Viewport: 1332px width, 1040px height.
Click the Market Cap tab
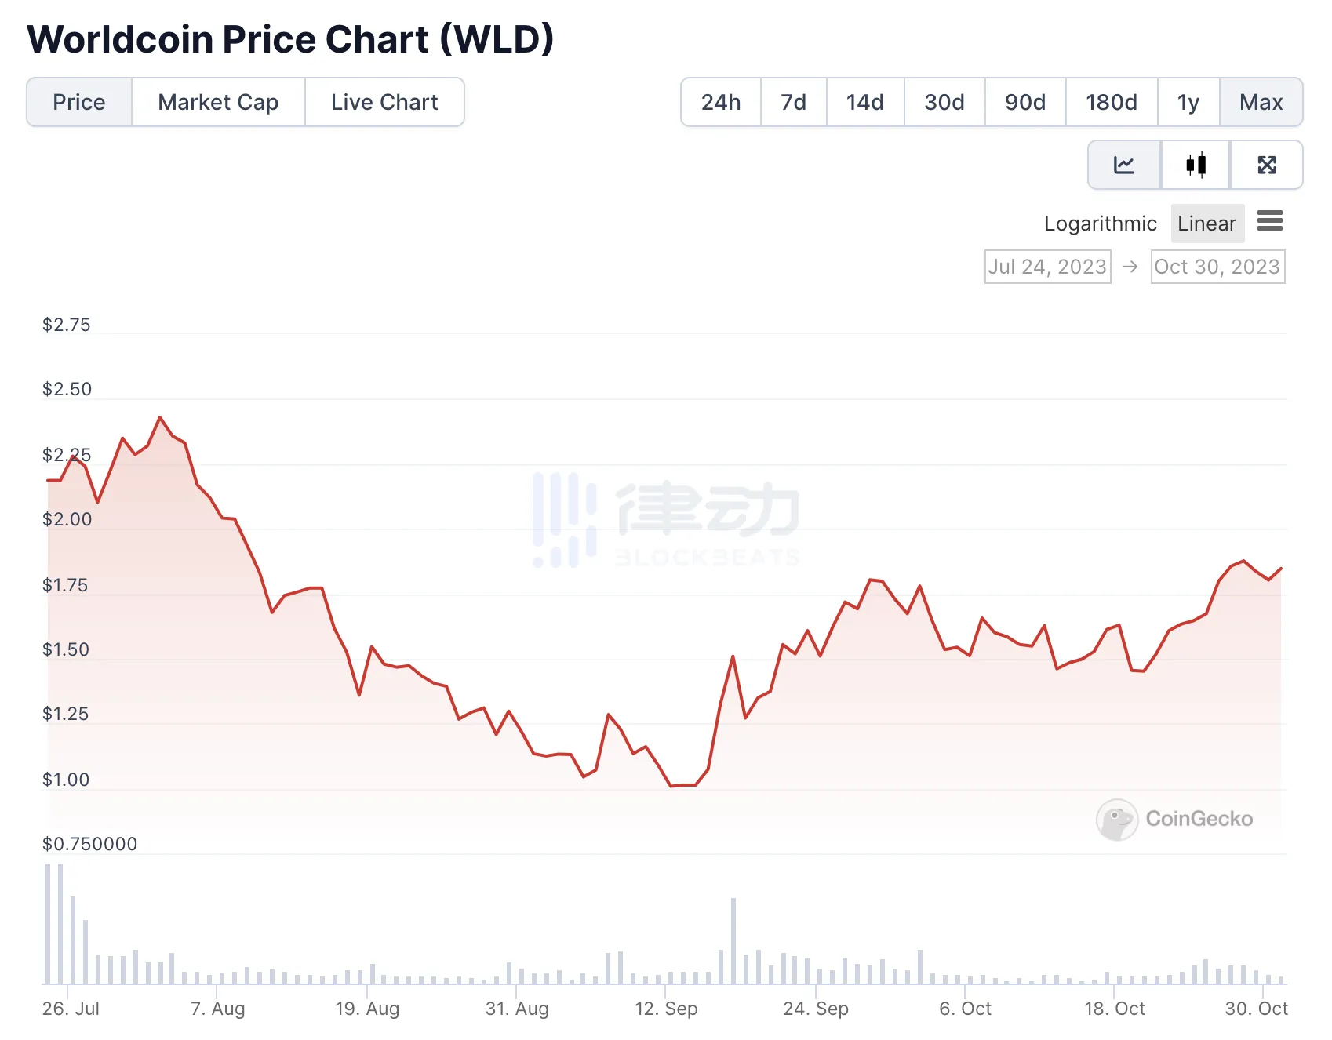tap(218, 102)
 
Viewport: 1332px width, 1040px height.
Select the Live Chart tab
tap(384, 102)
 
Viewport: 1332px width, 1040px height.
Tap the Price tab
tap(79, 102)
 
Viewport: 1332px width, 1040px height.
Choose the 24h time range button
tap(721, 102)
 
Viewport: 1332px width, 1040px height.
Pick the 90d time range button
tap(1025, 102)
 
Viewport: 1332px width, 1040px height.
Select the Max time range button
tap(1261, 102)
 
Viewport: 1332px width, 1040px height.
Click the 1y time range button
tap(1188, 102)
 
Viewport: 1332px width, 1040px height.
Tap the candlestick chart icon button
tap(1196, 165)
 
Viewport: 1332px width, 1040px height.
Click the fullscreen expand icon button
tap(1267, 165)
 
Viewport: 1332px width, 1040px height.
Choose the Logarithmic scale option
tap(1100, 224)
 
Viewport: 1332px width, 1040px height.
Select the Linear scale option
tap(1206, 224)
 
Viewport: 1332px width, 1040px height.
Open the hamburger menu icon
tap(1270, 221)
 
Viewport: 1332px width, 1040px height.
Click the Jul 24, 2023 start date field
tap(1047, 267)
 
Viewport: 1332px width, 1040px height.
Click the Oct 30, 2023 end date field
tap(1217, 267)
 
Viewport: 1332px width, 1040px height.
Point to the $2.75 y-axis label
tap(67, 325)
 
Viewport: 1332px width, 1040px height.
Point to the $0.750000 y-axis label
tap(89, 844)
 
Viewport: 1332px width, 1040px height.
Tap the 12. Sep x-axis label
tap(666, 1009)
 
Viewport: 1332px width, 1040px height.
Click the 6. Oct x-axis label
tap(966, 1009)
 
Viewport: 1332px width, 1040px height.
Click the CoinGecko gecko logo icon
tap(1117, 820)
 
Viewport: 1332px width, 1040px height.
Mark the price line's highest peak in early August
tap(160, 417)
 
